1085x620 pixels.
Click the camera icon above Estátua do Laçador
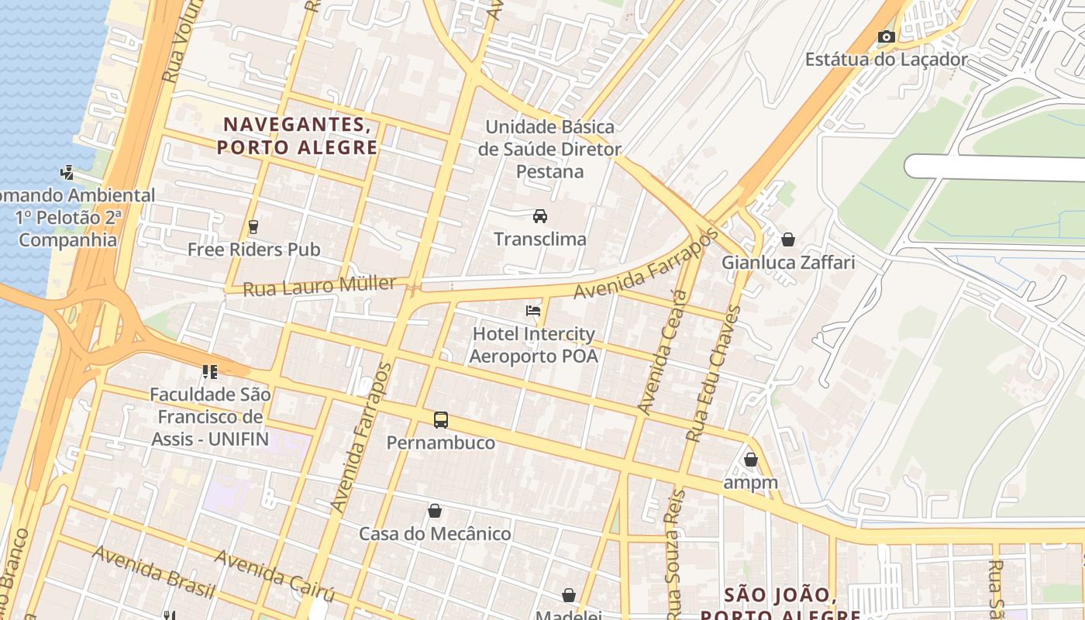pos(886,36)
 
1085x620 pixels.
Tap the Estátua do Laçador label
pos(886,60)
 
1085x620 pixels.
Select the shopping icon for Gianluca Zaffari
pos(788,239)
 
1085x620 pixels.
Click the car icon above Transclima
pos(540,215)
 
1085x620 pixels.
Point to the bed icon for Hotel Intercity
pos(533,311)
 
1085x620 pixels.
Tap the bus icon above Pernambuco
pos(440,420)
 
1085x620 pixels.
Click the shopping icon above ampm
pos(750,460)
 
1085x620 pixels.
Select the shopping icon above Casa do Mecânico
pos(435,511)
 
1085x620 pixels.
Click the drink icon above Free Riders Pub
pos(253,226)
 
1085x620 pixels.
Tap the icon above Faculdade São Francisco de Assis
pos(209,372)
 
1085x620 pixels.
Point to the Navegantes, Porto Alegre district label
pos(298,136)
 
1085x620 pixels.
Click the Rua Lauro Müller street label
pos(319,286)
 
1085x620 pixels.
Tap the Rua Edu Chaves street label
pos(714,374)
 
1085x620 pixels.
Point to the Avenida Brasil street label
pos(153,572)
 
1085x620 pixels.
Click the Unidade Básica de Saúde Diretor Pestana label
pos(549,149)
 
